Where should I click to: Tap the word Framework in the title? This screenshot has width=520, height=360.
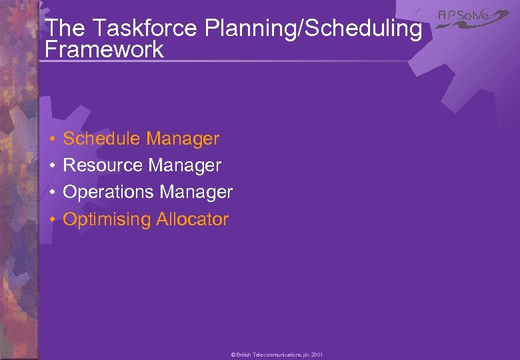point(103,49)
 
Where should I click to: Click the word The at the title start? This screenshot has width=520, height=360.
point(64,28)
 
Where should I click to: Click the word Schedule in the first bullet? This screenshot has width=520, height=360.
point(102,139)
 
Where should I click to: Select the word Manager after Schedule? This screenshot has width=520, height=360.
point(183,139)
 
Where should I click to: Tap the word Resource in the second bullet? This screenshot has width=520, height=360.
point(103,165)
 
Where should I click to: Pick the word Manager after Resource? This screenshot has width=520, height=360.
point(185,165)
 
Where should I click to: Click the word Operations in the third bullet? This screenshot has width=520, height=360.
point(109,192)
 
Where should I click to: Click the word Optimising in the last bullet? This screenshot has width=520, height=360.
point(107,219)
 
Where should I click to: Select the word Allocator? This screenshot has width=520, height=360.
point(193,219)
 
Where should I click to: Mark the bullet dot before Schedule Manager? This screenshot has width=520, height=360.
point(52,139)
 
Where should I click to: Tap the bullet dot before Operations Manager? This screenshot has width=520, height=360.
point(52,193)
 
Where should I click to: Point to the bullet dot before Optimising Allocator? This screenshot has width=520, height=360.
point(52,219)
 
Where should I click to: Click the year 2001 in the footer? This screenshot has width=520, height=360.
point(317,355)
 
